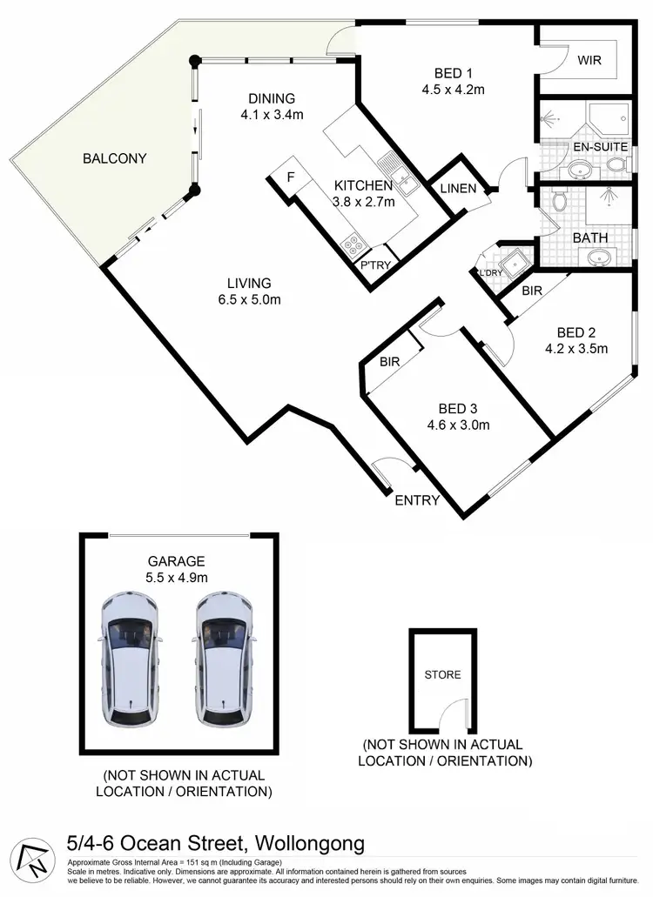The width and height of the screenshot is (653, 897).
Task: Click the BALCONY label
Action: [x=114, y=158]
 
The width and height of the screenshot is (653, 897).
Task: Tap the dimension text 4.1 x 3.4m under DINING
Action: [x=273, y=115]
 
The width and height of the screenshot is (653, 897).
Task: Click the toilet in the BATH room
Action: [x=560, y=202]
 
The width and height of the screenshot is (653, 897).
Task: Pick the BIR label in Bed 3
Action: [x=389, y=361]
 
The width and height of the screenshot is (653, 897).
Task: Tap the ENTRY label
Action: [x=416, y=500]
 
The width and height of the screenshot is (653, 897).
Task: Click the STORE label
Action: [x=442, y=674]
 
